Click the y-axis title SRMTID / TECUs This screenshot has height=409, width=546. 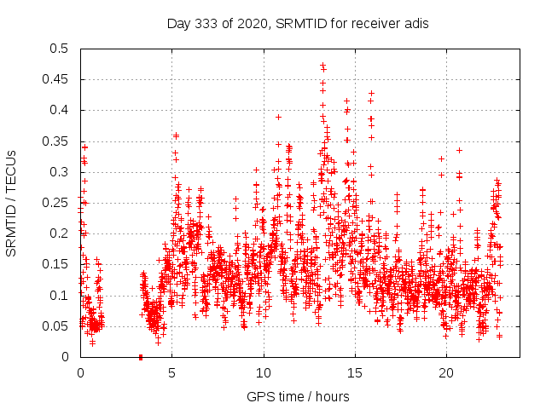click(11, 203)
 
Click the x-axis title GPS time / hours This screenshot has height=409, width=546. click(297, 396)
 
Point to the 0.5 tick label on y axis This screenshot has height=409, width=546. click(58, 49)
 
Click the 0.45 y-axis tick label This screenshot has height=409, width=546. click(55, 79)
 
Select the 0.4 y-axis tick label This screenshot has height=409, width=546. click(58, 110)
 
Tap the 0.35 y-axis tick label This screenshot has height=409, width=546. click(55, 141)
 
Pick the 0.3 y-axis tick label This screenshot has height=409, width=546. click(58, 172)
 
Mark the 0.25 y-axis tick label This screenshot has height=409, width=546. click(55, 203)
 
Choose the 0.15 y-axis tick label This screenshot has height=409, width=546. click(55, 264)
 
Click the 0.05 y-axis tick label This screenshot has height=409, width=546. click(55, 326)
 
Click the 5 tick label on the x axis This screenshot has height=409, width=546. click(172, 373)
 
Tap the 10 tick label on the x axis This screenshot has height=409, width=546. click(264, 373)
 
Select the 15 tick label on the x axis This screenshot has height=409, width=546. click(355, 373)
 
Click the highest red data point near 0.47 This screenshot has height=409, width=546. click(322, 65)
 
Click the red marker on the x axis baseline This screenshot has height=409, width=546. click(140, 357)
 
